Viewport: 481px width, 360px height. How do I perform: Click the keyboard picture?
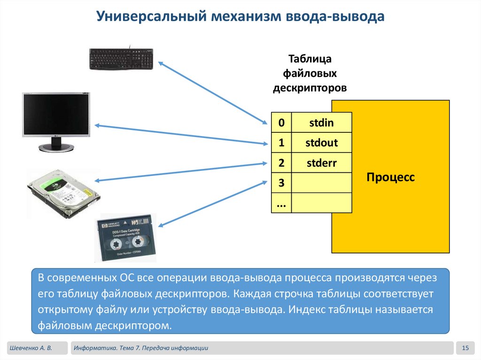pyautogui.click(x=122, y=57)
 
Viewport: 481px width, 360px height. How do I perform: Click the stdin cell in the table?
pyautogui.click(x=321, y=123)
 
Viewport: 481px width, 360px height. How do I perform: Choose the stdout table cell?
pyautogui.click(x=321, y=143)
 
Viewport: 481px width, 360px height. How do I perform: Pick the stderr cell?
pyautogui.click(x=321, y=163)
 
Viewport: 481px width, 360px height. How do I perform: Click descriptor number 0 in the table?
pyautogui.click(x=281, y=123)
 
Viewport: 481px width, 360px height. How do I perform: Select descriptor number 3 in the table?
pyautogui.click(x=281, y=183)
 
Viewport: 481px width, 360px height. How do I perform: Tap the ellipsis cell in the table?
pyautogui.click(x=281, y=203)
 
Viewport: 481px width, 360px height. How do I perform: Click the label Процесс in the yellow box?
pyautogui.click(x=391, y=177)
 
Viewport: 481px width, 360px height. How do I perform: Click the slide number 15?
pyautogui.click(x=465, y=348)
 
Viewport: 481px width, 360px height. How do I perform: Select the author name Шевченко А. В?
pyautogui.click(x=30, y=348)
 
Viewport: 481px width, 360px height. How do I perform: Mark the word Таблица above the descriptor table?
pyautogui.click(x=310, y=59)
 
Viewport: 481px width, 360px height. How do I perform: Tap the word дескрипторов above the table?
pyautogui.click(x=310, y=88)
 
